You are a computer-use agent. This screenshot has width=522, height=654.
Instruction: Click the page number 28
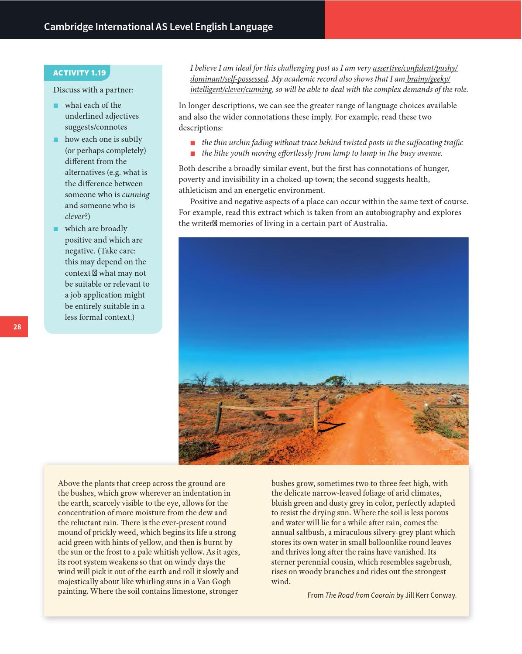tap(17, 327)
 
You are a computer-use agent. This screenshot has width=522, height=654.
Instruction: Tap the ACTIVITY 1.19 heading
tap(79, 73)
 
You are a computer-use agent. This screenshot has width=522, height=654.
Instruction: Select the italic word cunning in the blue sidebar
tap(135, 195)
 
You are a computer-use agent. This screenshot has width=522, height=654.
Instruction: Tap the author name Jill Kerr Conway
tap(431, 595)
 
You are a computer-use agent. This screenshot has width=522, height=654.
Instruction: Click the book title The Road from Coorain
tap(360, 595)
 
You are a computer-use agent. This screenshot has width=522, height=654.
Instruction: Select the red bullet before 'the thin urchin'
tap(192, 143)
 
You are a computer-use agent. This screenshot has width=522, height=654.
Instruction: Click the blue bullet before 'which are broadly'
tap(55, 229)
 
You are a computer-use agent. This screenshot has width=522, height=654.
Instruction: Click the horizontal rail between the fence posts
tap(268, 407)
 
